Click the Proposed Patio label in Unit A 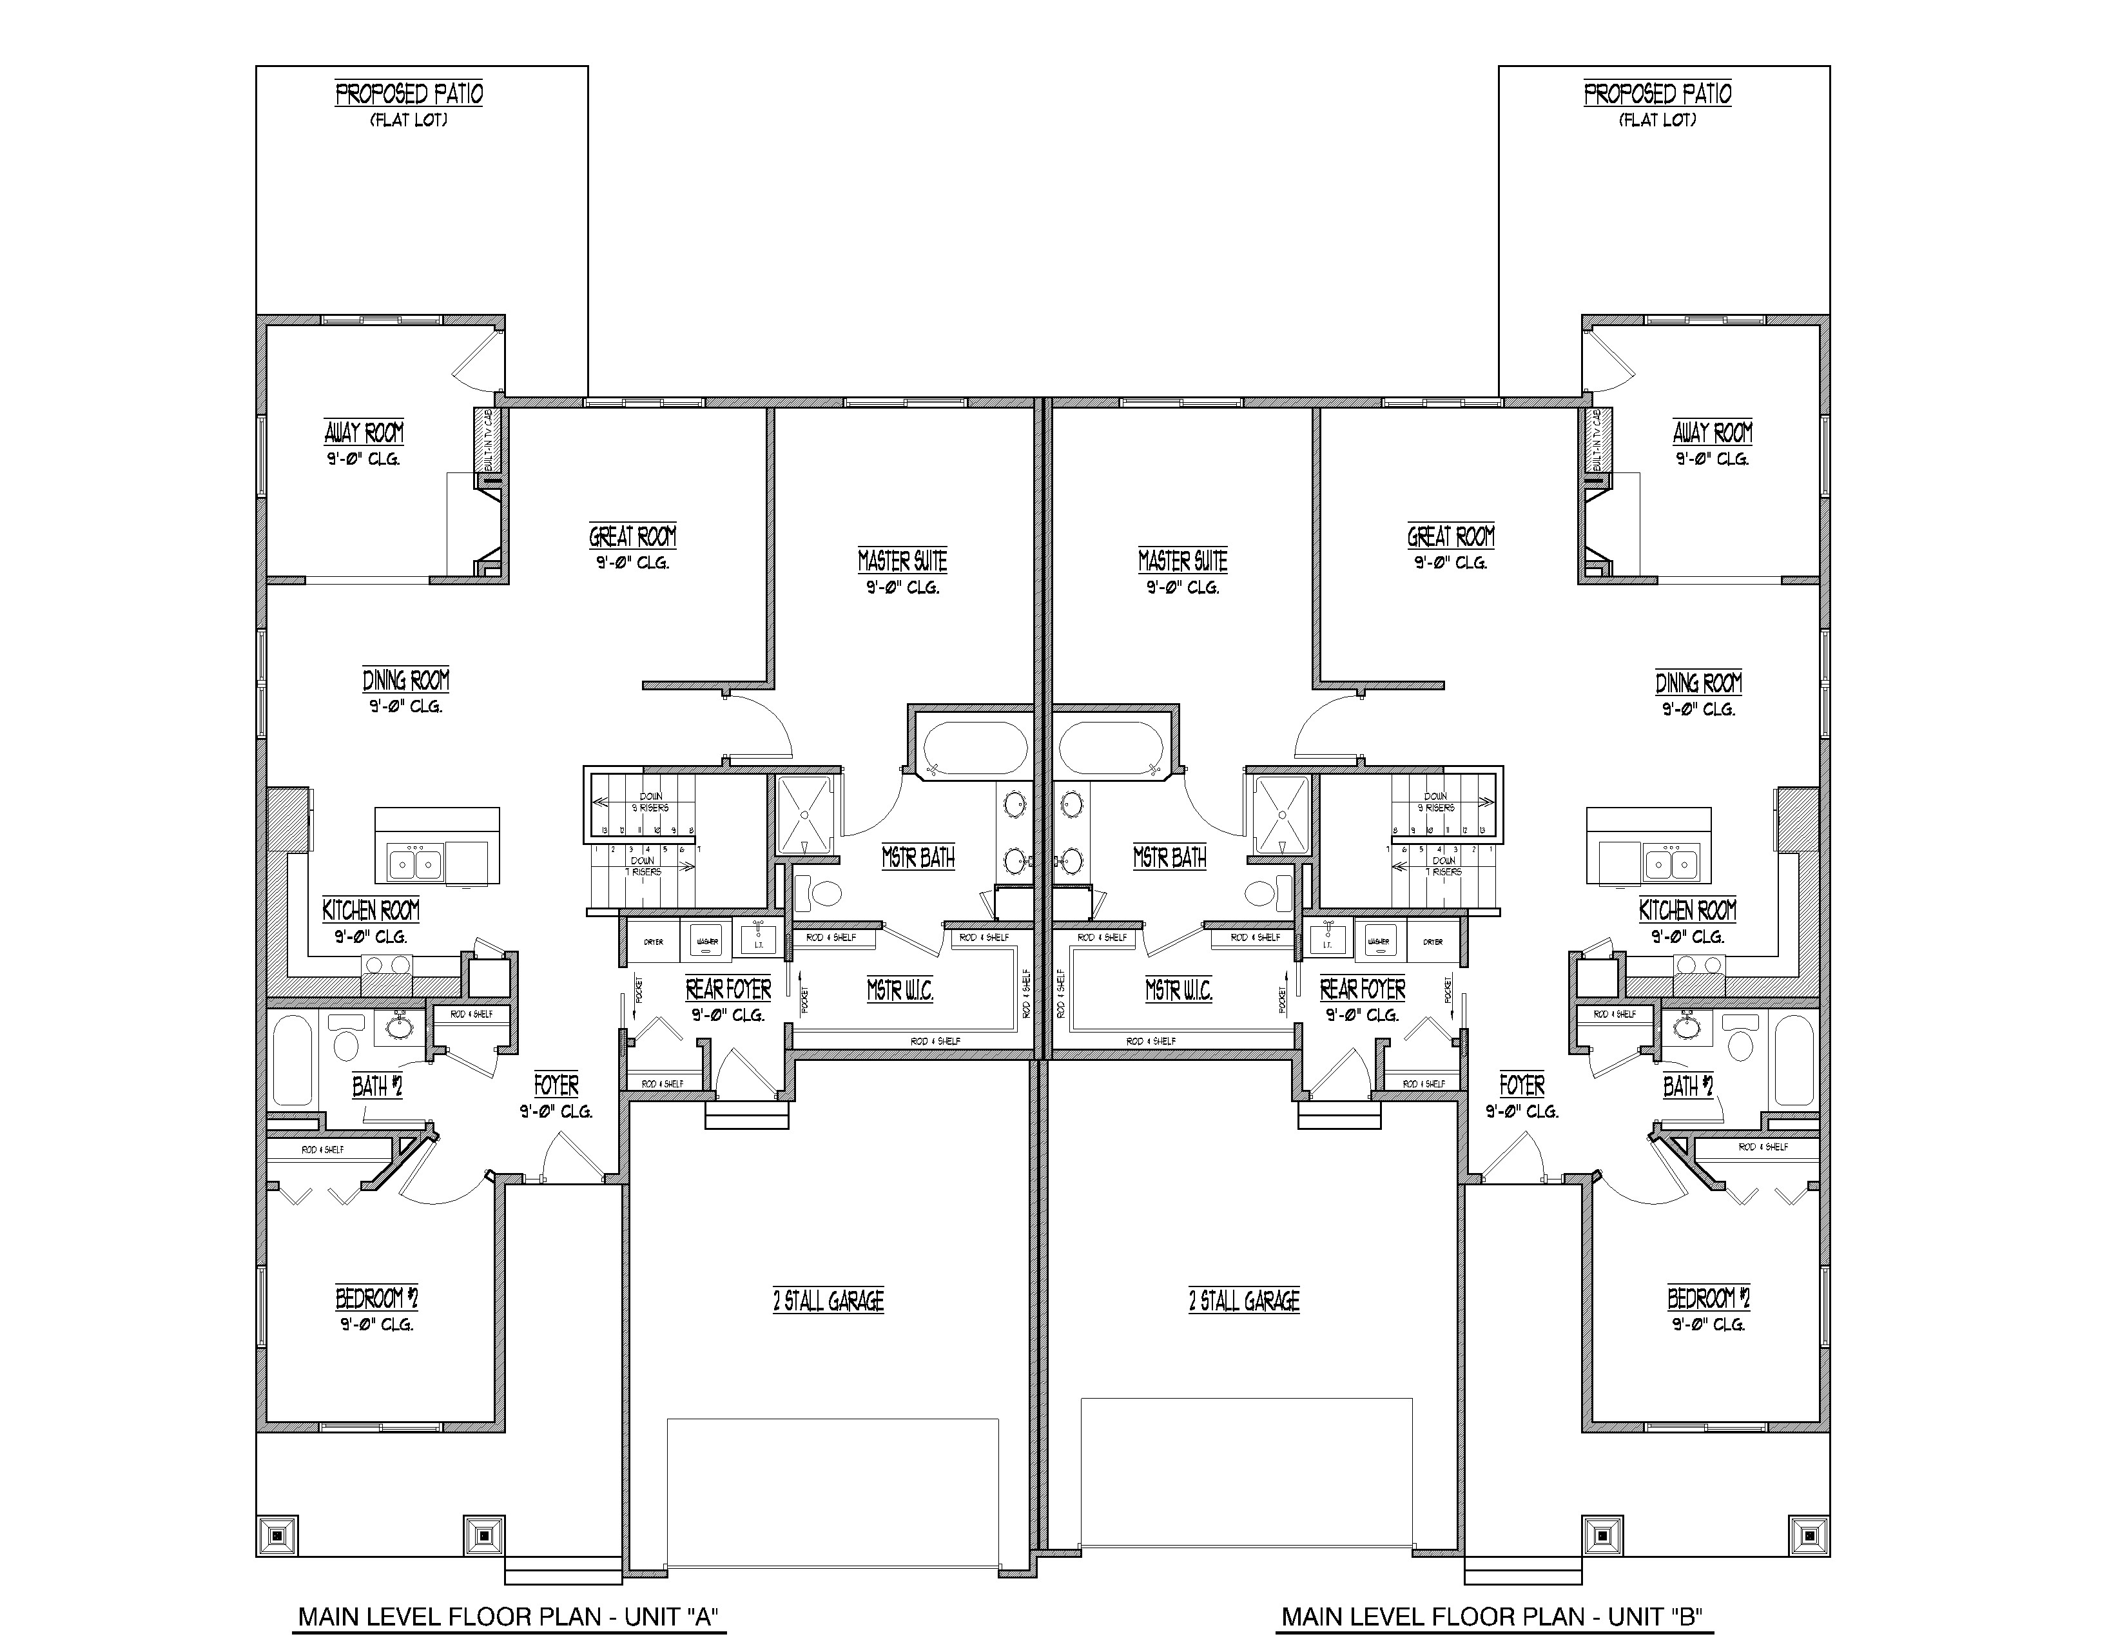(409, 95)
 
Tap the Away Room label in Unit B (1712, 432)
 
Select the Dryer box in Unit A (654, 942)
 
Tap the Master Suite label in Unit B (1182, 561)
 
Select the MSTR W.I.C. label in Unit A (900, 991)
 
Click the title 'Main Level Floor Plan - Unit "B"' (1493, 1617)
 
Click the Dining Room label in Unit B (1698, 683)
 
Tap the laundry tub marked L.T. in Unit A (759, 941)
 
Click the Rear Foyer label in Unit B (1363, 989)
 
